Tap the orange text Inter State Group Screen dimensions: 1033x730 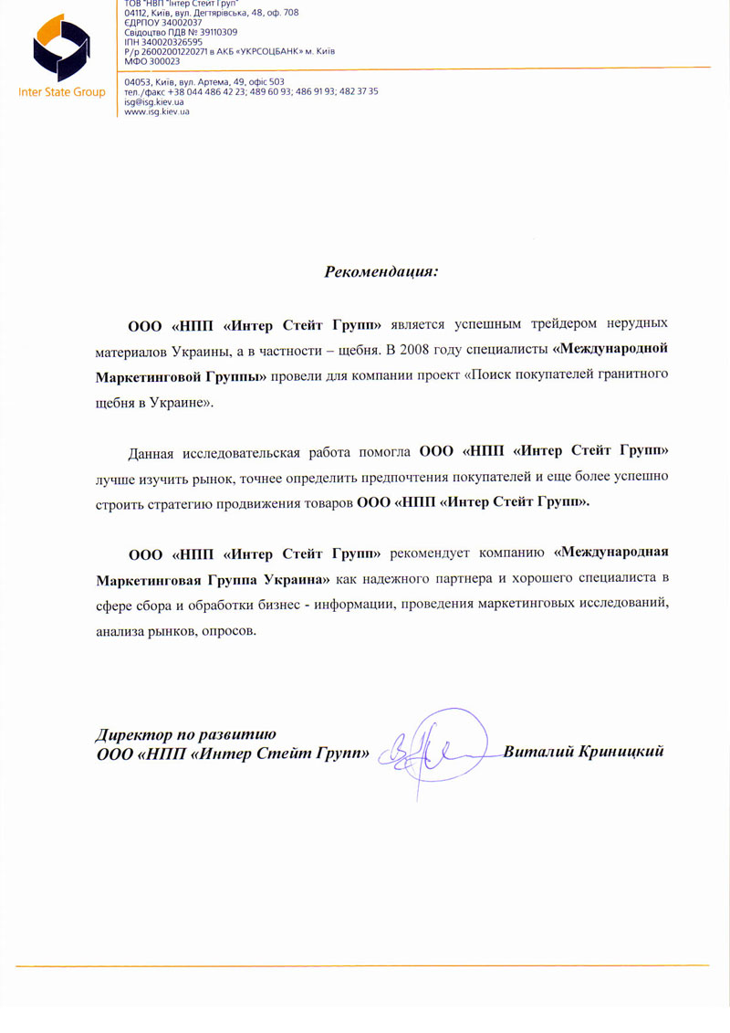coord(61,92)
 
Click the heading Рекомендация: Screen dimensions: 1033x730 coord(381,271)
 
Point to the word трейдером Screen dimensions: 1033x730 coord(552,323)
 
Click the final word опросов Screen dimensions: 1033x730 coord(224,630)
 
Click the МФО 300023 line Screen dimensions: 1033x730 coord(151,60)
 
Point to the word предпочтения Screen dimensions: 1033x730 coord(452,477)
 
